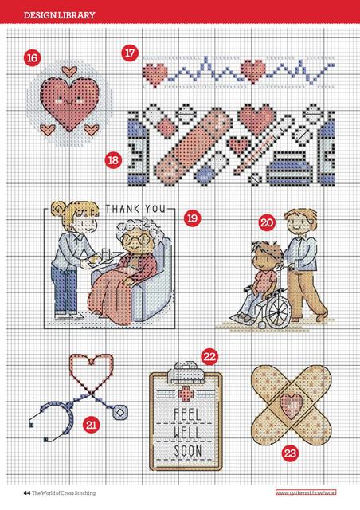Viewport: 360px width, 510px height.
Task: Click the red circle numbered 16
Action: pos(32,58)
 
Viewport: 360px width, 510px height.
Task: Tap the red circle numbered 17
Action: pos(130,53)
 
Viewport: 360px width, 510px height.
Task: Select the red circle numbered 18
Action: pos(113,160)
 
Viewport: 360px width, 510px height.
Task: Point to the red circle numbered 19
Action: pos(192,218)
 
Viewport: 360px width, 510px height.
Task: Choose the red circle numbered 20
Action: pos(267,223)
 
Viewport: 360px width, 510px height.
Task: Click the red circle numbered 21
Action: pos(92,425)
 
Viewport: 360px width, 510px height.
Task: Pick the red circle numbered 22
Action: pos(209,357)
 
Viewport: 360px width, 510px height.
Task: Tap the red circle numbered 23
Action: pos(290,453)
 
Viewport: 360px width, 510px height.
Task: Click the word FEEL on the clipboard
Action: pos(187,415)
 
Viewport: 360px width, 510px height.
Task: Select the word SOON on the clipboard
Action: pos(188,451)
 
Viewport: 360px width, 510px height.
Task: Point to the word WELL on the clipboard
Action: pos(187,433)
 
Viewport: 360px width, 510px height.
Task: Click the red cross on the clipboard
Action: pos(186,394)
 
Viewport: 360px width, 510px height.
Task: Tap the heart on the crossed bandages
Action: pos(291,406)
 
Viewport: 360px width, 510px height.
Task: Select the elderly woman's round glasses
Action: pos(135,239)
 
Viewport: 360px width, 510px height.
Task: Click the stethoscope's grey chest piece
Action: pos(120,413)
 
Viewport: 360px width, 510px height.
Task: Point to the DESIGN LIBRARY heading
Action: pos(60,15)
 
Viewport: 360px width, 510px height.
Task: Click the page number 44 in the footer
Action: pos(27,493)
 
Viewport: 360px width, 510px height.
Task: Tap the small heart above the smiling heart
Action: pos(69,72)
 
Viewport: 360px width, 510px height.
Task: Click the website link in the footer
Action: pos(306,492)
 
